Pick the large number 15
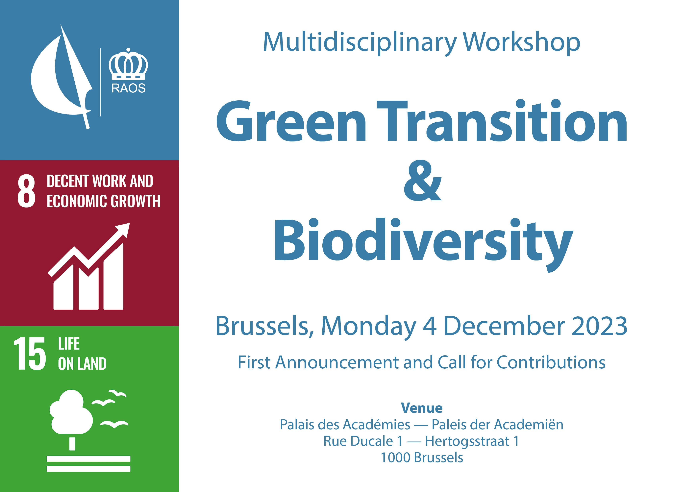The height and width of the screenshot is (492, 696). pos(30,354)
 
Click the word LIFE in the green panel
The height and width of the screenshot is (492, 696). pos(69,344)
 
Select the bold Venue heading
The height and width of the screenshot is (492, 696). pos(422,408)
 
